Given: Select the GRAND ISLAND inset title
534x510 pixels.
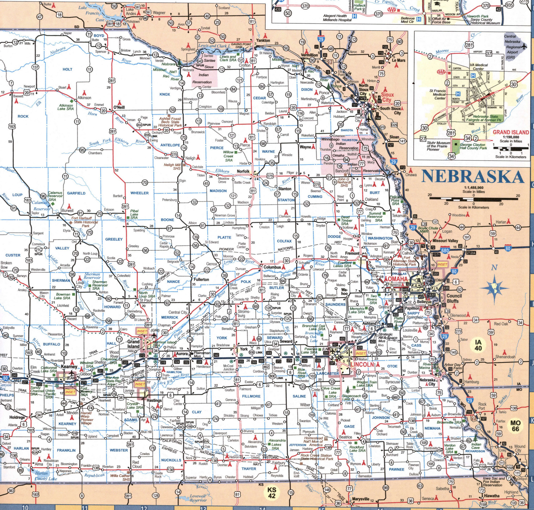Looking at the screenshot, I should (511, 132).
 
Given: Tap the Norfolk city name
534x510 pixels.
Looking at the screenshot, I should (243, 171).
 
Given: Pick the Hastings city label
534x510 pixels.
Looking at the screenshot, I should (154, 400).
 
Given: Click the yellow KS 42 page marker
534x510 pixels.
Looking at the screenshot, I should (272, 492).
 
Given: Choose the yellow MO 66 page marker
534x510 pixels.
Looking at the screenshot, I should (515, 426).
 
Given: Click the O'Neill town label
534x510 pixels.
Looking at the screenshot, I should (119, 107).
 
